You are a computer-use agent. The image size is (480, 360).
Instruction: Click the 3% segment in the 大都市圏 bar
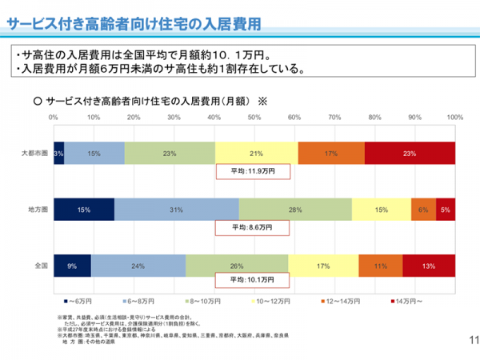tap(58, 153)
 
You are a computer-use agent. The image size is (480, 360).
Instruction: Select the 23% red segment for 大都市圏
tap(410, 153)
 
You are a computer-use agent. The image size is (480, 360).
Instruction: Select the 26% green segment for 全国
tap(237, 265)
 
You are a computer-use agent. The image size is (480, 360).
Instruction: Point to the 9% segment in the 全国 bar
tap(72, 265)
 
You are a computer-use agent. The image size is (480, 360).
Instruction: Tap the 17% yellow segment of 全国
tap(323, 265)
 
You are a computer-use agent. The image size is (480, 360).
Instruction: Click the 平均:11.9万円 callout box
tap(254, 171)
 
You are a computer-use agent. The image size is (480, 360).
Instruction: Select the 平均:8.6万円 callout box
tap(254, 227)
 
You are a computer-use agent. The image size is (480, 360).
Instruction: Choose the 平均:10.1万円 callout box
tap(254, 282)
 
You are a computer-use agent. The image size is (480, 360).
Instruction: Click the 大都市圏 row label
tap(36, 153)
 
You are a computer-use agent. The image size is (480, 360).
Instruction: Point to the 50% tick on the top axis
tap(254, 118)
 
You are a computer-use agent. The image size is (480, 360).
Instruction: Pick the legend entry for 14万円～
tap(407, 302)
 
